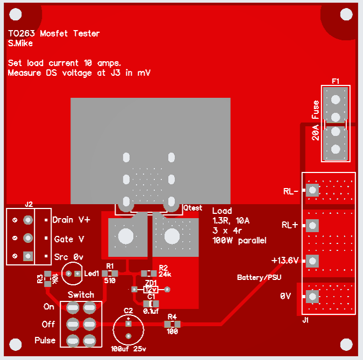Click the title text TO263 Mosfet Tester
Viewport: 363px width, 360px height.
(54, 33)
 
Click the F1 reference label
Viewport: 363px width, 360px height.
(336, 81)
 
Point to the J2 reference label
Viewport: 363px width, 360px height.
(29, 204)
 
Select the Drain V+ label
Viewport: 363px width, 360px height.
(72, 220)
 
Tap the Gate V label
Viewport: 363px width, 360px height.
(69, 239)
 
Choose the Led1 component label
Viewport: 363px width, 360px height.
(91, 273)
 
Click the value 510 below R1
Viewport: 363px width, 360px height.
(110, 280)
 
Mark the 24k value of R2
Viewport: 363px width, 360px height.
(165, 274)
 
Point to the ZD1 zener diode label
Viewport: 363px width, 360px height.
(151, 283)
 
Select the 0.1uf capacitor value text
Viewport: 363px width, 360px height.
(151, 311)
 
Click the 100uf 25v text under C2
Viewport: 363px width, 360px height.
(128, 349)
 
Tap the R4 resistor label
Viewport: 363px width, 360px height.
(172, 317)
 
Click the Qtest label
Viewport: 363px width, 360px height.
(193, 207)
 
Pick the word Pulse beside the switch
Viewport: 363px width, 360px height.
(45, 341)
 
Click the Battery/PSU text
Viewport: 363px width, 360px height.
(259, 277)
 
